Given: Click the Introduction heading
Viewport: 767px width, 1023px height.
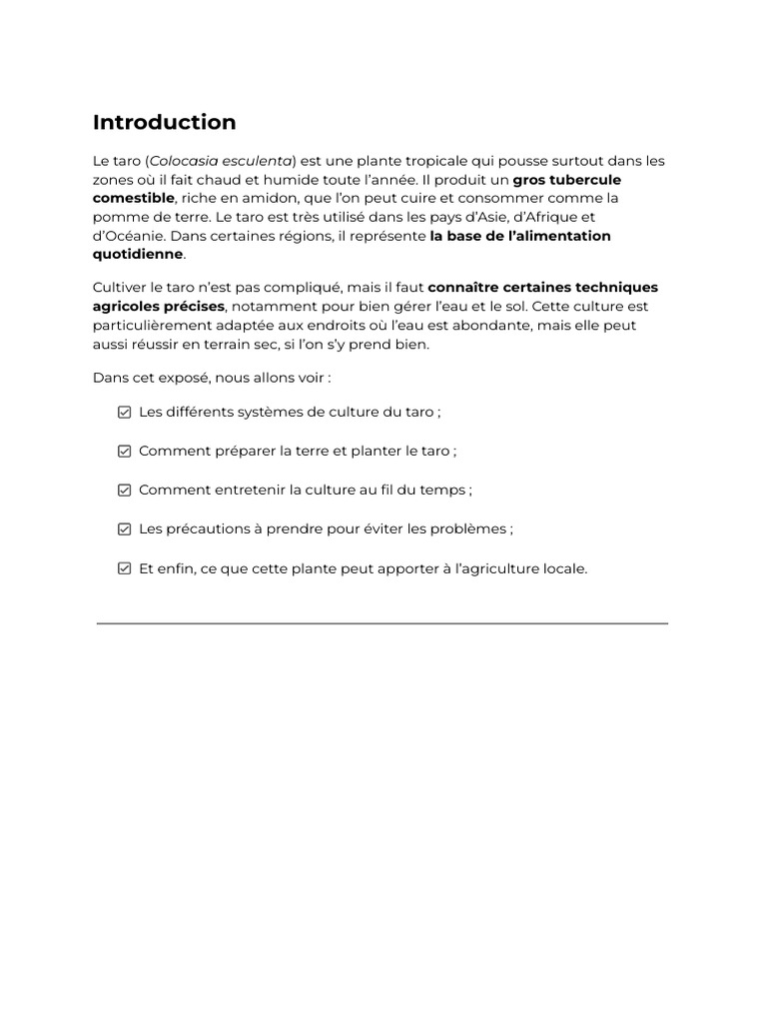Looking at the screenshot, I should pyautogui.click(x=164, y=123).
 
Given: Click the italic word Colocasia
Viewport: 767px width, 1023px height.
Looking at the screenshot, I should pyautogui.click(x=183, y=161).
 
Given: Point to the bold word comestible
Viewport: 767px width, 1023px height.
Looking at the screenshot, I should pyautogui.click(x=133, y=198).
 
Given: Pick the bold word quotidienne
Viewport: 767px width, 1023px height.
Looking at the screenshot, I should pyautogui.click(x=138, y=254).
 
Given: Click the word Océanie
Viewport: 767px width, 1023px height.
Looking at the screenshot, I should pyautogui.click(x=133, y=236).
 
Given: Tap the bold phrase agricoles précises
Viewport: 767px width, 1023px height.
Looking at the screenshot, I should pyautogui.click(x=159, y=307).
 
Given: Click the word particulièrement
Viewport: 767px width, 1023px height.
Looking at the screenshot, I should pyautogui.click(x=151, y=326).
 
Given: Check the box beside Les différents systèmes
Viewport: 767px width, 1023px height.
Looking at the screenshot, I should pyautogui.click(x=124, y=412).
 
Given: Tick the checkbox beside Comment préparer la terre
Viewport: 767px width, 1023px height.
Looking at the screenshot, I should pyautogui.click(x=124, y=451).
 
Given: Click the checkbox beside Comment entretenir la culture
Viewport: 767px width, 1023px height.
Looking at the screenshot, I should pyautogui.click(x=124, y=490).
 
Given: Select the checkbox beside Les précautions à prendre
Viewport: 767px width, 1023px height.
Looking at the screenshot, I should pyautogui.click(x=124, y=529).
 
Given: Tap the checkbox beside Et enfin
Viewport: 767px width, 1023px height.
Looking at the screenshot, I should pyautogui.click(x=124, y=568).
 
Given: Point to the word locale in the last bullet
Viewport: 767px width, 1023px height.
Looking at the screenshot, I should pyautogui.click(x=562, y=568).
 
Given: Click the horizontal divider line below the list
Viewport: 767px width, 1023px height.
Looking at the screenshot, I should pyautogui.click(x=383, y=623).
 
